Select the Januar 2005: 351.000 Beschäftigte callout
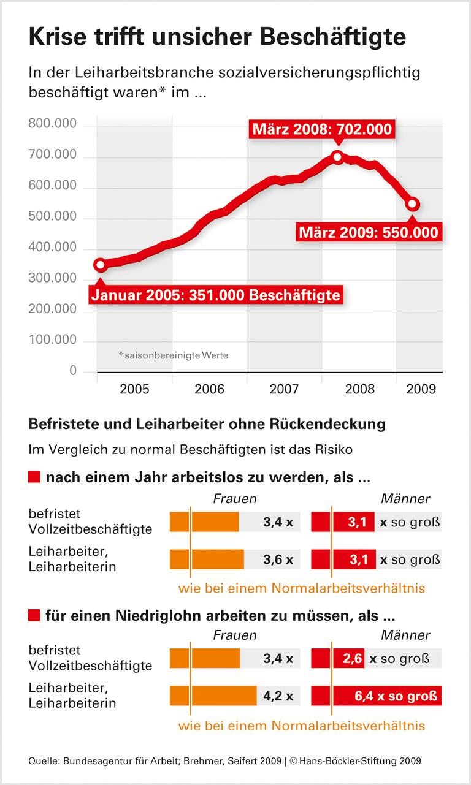click(x=215, y=295)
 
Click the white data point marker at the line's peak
click(x=337, y=157)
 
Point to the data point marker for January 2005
click(x=101, y=265)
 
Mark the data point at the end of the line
click(x=413, y=204)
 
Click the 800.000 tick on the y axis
click(x=53, y=125)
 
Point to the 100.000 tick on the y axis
click(x=53, y=340)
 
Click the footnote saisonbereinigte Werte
click(x=173, y=355)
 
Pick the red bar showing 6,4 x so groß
click(x=377, y=696)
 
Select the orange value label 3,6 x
click(x=278, y=559)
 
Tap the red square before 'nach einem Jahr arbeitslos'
click(x=34, y=477)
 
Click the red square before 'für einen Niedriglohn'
click(x=34, y=614)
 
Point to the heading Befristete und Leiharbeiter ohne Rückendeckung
click(x=207, y=423)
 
